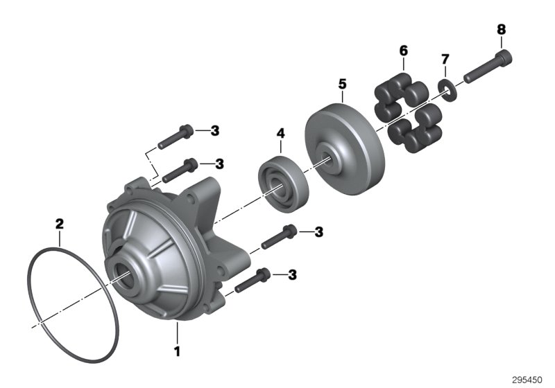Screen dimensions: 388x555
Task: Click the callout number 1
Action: [x=177, y=351]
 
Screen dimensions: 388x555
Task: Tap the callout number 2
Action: [x=60, y=224]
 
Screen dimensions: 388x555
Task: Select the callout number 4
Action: [x=280, y=132]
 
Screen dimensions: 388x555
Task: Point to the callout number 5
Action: [x=342, y=84]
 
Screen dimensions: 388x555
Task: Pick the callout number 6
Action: [x=403, y=51]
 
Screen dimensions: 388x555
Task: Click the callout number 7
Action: [x=445, y=62]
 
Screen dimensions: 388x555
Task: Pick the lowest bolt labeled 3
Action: [x=253, y=279]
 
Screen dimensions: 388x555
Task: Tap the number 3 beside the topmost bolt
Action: [x=215, y=130]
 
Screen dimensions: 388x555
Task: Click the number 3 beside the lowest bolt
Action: [x=292, y=275]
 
